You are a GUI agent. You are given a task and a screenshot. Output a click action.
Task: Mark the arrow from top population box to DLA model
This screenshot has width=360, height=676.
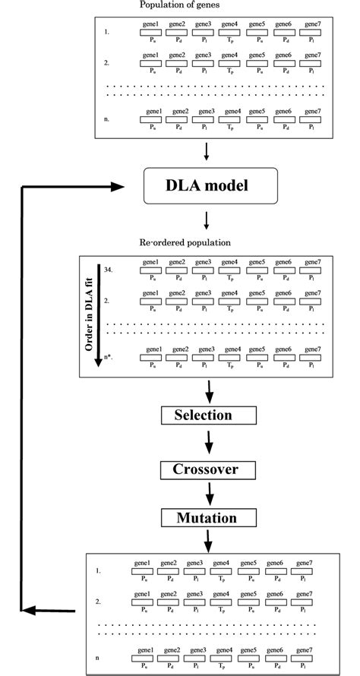pos(207,153)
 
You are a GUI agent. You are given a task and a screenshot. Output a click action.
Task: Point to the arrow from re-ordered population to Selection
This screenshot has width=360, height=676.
pos(210,391)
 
